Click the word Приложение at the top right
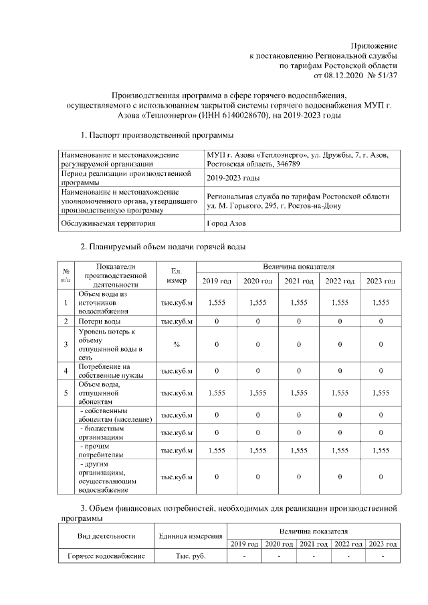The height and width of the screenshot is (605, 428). point(375,43)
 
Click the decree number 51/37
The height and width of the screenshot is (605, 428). point(385,76)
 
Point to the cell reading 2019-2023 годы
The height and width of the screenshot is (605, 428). point(233,178)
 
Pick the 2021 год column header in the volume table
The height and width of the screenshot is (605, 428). point(299,281)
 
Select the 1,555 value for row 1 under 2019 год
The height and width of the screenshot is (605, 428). point(217,303)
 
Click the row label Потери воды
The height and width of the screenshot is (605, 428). point(100,322)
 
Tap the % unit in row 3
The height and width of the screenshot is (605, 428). point(177,344)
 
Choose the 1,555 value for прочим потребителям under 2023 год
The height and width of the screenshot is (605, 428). point(381,451)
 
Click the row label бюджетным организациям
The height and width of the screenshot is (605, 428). point(108,431)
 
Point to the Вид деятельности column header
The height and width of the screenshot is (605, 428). point(106,535)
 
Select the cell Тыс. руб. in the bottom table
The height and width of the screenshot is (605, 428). point(191,556)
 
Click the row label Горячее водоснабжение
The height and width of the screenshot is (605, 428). point(106,556)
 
